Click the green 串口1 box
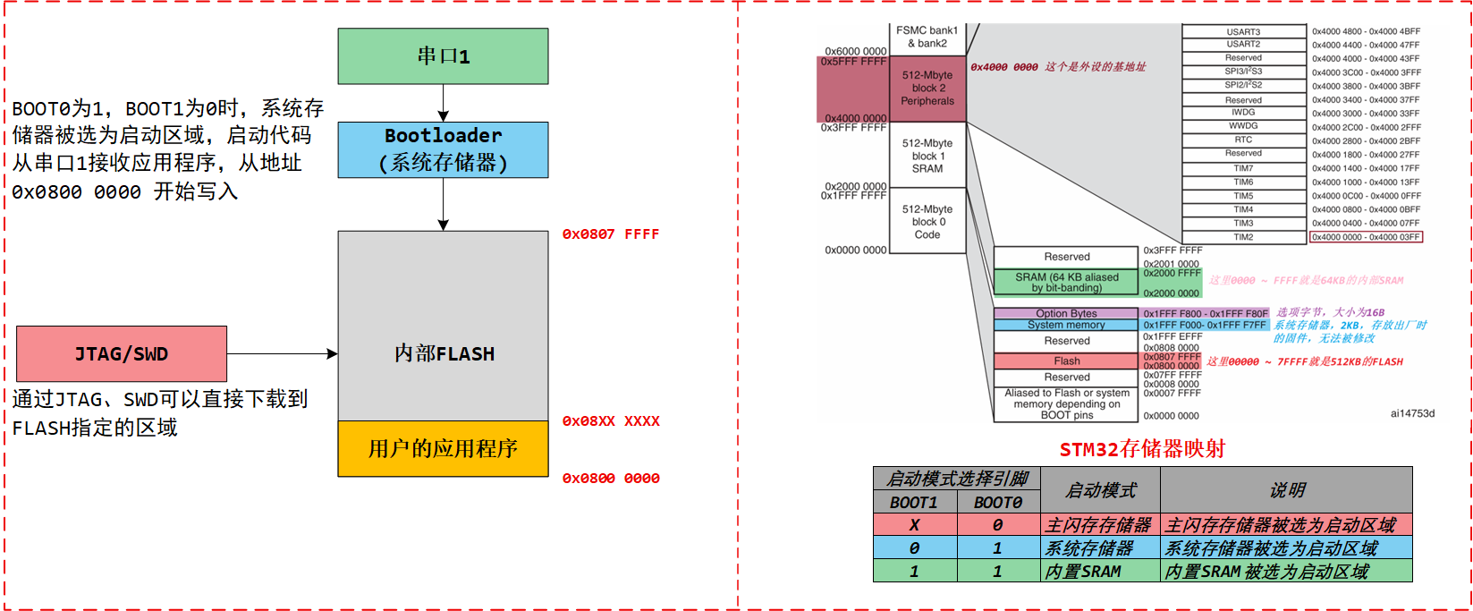[x=443, y=56]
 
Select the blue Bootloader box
[x=443, y=149]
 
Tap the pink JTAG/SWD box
[x=122, y=354]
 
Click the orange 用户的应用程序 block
[x=443, y=448]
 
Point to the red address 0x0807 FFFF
[x=610, y=234]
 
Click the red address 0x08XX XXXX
[x=610, y=421]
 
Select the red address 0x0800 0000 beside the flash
[x=610, y=479]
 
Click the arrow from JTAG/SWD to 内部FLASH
[x=282, y=354]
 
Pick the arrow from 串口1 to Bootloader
[x=443, y=103]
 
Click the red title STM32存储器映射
[x=1142, y=449]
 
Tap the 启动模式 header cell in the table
[x=1101, y=490]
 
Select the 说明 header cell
[x=1286, y=490]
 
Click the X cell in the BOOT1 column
[x=914, y=525]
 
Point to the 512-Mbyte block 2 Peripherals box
[x=927, y=89]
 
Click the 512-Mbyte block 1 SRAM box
[x=927, y=156]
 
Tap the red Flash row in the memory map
[x=1066, y=361]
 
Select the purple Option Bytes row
[x=1066, y=314]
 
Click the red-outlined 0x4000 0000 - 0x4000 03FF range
[x=1366, y=237]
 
